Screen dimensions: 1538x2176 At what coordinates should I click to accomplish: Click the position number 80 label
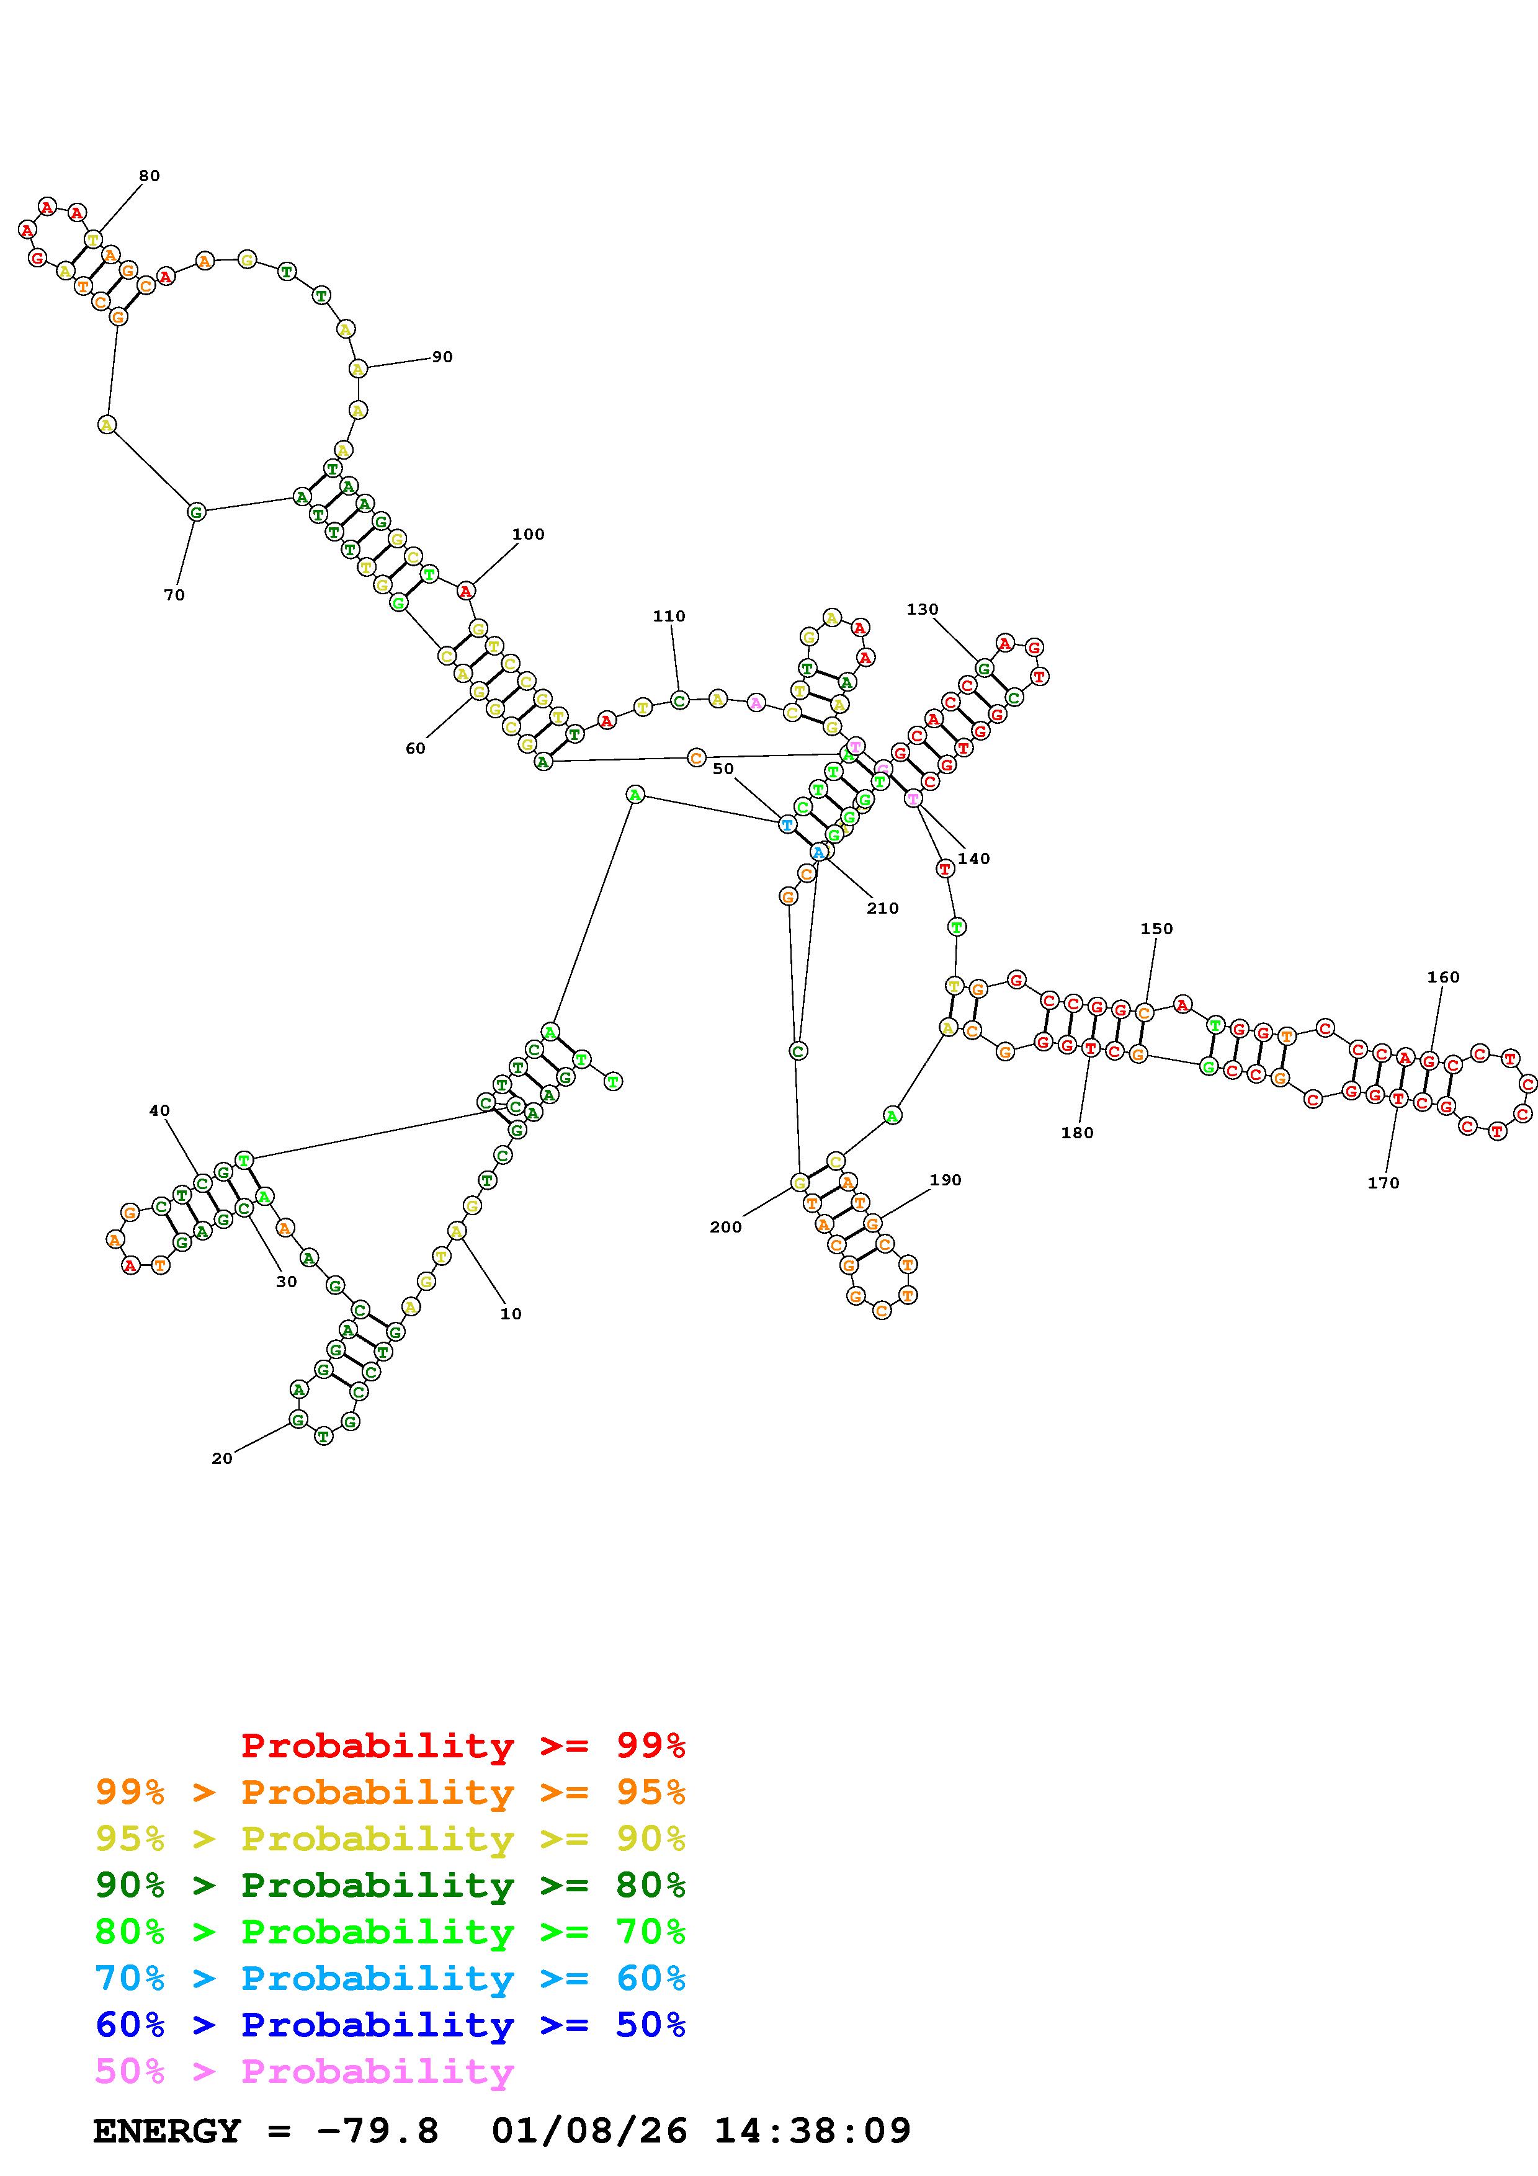click(x=149, y=176)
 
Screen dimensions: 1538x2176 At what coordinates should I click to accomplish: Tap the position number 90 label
click(x=442, y=357)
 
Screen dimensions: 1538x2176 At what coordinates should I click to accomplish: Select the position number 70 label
click(x=174, y=595)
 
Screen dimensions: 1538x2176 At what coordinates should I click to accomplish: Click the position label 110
click(x=668, y=616)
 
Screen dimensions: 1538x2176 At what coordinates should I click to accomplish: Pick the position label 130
click(x=922, y=609)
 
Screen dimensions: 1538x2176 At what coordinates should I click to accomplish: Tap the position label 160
click(x=1443, y=977)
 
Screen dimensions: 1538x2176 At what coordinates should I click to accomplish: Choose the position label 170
click(x=1383, y=1183)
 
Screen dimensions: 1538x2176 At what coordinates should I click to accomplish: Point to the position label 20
click(x=221, y=1458)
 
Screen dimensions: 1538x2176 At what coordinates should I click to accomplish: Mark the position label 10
click(x=511, y=1314)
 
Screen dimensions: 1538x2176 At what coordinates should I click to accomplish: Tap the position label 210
click(x=882, y=908)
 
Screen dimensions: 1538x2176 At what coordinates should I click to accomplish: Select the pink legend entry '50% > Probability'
click(x=304, y=2072)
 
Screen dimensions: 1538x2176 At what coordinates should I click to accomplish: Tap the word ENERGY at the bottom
click(x=167, y=2131)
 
